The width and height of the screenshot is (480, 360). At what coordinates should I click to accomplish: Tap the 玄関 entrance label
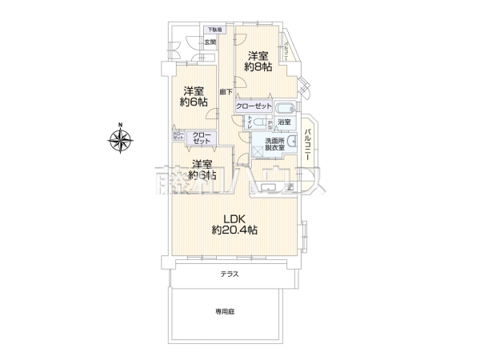point(210,42)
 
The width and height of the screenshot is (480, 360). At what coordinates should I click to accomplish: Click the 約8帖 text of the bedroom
point(258,67)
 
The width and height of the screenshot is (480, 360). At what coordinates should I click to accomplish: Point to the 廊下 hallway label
point(226,92)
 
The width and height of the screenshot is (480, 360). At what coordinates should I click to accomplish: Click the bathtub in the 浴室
point(284,108)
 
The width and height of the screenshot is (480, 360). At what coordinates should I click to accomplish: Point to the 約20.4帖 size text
point(234,230)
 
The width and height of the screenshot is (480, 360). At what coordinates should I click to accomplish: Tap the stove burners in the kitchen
point(290,186)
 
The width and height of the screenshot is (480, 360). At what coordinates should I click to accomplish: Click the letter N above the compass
point(119,124)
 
